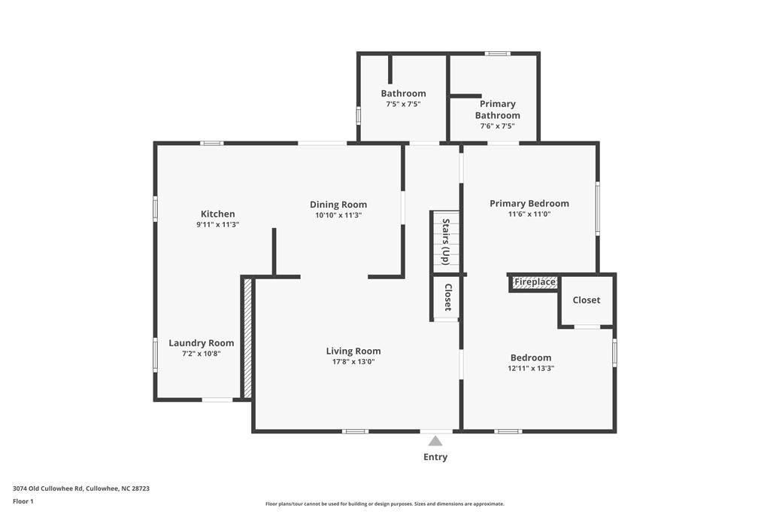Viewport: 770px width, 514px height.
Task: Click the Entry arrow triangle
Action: pyautogui.click(x=435, y=441)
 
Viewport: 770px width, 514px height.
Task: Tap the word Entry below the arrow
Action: pyautogui.click(x=435, y=457)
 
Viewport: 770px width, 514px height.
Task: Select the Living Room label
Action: pyautogui.click(x=353, y=351)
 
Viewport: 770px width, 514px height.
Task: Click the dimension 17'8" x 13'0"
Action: pyautogui.click(x=353, y=362)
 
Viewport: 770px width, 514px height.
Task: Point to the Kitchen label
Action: pyautogui.click(x=218, y=214)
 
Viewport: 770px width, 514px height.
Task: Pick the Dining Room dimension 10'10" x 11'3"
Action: pyautogui.click(x=339, y=215)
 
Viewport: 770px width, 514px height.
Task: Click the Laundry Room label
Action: pyautogui.click(x=202, y=343)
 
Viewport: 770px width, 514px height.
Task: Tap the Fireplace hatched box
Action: pyautogui.click(x=535, y=282)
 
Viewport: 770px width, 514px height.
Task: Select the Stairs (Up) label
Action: pyautogui.click(x=446, y=242)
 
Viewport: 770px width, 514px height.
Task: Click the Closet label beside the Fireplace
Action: pyautogui.click(x=587, y=300)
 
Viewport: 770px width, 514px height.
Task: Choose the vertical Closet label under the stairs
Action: pyautogui.click(x=448, y=297)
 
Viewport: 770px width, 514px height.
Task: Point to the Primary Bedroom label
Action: pyautogui.click(x=529, y=203)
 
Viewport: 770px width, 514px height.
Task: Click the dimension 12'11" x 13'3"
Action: pyautogui.click(x=531, y=369)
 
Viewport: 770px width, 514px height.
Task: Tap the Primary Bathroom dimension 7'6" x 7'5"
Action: pyautogui.click(x=498, y=126)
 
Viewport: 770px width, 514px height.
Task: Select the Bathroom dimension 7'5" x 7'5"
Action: pyautogui.click(x=404, y=104)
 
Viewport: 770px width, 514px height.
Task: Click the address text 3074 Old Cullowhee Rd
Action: pyautogui.click(x=49, y=488)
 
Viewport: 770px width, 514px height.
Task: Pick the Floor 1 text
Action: pyautogui.click(x=23, y=502)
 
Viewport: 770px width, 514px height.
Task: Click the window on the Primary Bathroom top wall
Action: pyautogui.click(x=498, y=53)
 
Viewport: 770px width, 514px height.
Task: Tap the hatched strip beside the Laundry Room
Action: pyautogui.click(x=248, y=338)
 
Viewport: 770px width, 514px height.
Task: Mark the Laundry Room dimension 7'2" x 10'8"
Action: pyautogui.click(x=202, y=354)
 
